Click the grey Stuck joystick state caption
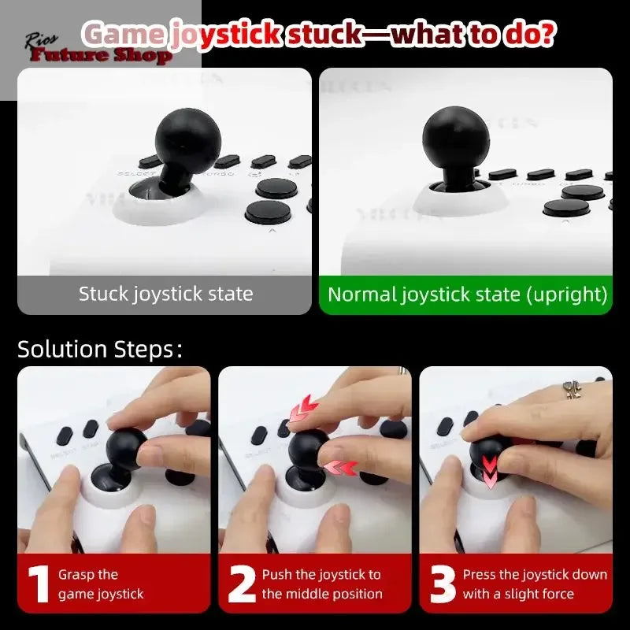point(165,295)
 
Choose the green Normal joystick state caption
point(467,295)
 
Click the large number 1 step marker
point(39,583)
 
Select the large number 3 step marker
point(443,583)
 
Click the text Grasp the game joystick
point(101,584)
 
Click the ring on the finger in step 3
point(572,389)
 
